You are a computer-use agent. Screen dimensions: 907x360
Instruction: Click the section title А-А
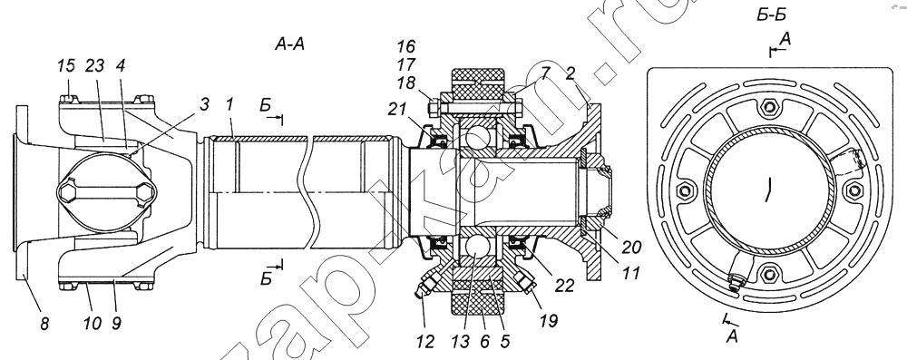[289, 44]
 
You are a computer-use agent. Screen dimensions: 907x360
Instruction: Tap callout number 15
[67, 65]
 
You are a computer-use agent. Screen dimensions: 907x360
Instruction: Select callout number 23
[95, 65]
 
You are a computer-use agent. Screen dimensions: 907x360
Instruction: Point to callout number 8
[44, 324]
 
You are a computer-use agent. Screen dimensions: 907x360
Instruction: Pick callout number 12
[425, 342]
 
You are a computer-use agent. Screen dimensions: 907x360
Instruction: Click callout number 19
[549, 321]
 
